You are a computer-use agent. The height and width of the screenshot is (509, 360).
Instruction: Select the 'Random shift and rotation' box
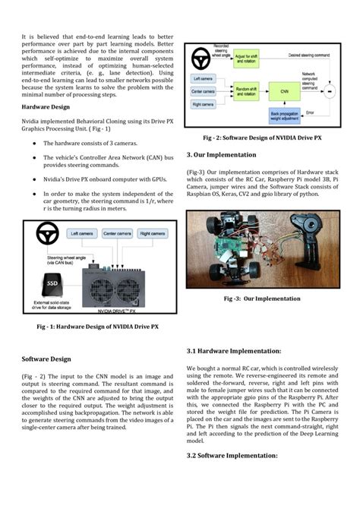230,89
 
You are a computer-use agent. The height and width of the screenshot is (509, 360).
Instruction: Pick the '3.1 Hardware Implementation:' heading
233,351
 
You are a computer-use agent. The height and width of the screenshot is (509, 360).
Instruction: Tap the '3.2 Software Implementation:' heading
232,455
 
